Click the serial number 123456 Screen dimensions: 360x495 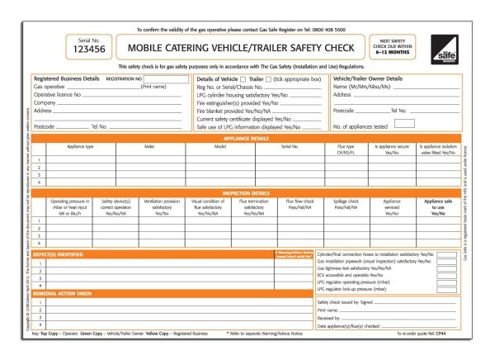(x=85, y=50)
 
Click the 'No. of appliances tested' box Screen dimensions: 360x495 (x=404, y=124)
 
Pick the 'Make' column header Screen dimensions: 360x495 (x=150, y=146)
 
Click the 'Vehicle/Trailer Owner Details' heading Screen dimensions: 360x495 (x=367, y=78)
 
